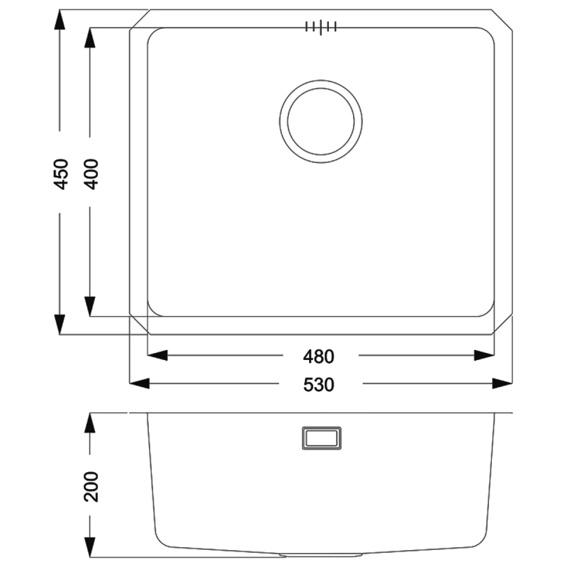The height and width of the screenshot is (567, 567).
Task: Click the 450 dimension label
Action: tap(61, 173)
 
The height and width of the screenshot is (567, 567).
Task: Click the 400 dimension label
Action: tap(90, 173)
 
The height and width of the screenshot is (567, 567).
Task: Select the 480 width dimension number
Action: tap(319, 355)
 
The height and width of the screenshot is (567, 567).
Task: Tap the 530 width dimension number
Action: tap(319, 384)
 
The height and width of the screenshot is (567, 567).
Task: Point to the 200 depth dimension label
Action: tap(90, 485)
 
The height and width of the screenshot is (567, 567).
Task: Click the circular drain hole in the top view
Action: tap(320, 118)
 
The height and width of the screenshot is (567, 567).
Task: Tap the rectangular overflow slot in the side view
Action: tap(321, 437)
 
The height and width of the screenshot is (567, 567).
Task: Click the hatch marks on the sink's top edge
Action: tap(320, 27)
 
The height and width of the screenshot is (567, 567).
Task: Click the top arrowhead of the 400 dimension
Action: tap(90, 38)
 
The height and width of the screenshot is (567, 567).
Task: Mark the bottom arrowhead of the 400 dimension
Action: tap(90, 306)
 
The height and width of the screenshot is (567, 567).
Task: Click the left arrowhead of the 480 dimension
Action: tap(157, 355)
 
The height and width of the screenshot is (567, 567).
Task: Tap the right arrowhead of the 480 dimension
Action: tap(483, 355)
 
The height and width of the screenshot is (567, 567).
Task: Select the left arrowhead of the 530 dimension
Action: tap(140, 384)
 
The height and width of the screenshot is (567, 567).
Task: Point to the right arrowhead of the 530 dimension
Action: tap(502, 384)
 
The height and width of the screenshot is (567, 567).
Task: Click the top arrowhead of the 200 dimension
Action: tap(90, 422)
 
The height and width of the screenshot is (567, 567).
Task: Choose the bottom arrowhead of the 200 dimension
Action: tap(90, 546)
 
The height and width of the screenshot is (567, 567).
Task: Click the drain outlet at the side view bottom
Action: tap(320, 553)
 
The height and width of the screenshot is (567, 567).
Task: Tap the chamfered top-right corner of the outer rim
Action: tap(502, 20)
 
